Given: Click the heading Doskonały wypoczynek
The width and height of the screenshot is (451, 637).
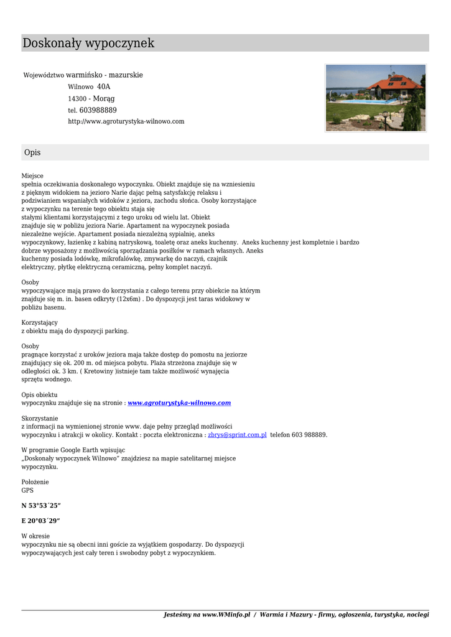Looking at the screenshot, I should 88,44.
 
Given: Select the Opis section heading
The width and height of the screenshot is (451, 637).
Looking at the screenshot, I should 32,152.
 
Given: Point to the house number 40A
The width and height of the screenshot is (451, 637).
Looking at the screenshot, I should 103,87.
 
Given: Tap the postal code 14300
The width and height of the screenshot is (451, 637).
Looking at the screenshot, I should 77,99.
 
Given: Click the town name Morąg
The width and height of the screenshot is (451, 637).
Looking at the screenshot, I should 104,99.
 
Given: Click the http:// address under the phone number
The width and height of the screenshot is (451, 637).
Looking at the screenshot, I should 126,121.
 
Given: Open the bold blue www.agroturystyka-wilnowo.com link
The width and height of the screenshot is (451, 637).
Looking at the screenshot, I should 179,403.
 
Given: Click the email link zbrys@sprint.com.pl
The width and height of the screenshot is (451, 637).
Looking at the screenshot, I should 237,435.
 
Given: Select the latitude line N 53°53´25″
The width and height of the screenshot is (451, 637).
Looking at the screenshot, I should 41,505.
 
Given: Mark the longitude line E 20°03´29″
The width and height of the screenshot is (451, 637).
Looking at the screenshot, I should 41,521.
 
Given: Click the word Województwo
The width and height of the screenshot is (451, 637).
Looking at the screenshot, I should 44,75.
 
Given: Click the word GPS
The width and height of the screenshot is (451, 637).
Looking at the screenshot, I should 27,490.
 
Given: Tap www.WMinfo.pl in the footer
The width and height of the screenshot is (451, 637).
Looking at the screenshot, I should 226,615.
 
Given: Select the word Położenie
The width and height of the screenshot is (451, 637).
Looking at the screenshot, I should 35,482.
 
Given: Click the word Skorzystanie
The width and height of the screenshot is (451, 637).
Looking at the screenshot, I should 40,419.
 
